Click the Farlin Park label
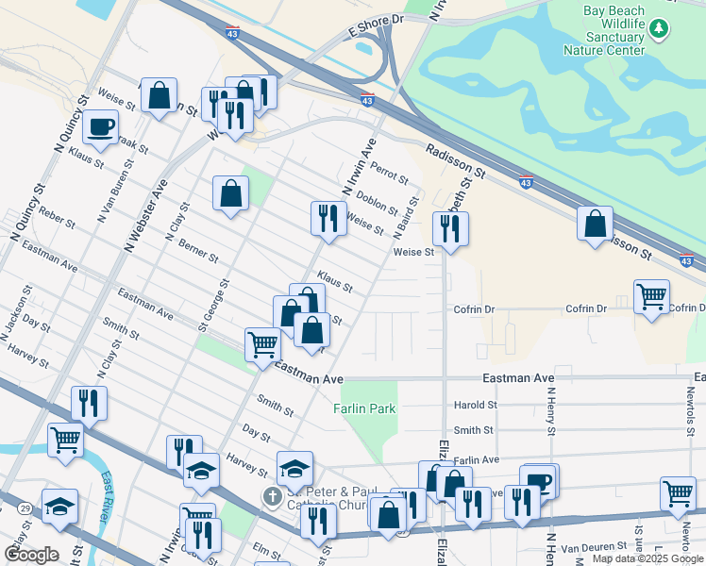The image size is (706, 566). (x=363, y=408)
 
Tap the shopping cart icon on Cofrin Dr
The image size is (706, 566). (x=651, y=296)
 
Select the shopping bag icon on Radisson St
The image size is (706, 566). (x=595, y=225)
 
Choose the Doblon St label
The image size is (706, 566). (x=378, y=201)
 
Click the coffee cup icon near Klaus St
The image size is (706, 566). (x=100, y=126)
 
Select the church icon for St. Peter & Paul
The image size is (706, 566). (x=272, y=496)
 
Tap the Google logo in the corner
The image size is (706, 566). (x=31, y=555)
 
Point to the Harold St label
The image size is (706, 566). (x=475, y=406)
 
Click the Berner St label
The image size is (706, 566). (x=198, y=250)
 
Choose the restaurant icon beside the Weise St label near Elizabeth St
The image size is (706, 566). (x=450, y=228)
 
